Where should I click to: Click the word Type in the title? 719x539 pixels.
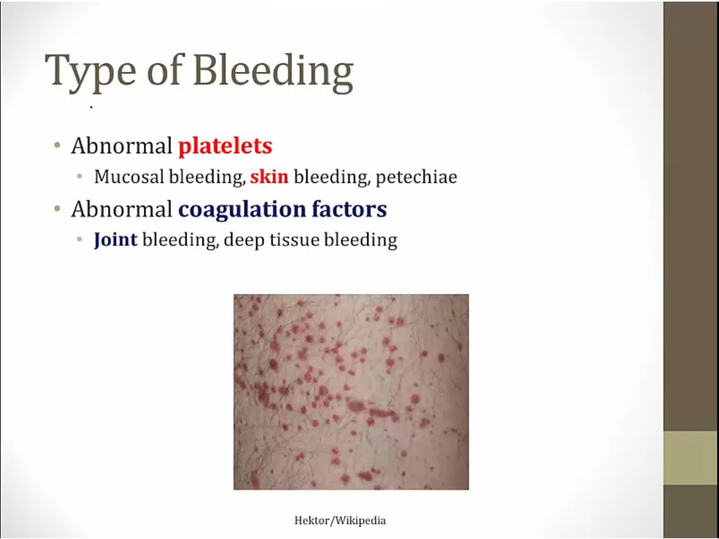click(x=90, y=72)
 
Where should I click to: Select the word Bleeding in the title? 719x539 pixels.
click(x=273, y=71)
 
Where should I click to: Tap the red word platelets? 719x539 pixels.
click(x=225, y=147)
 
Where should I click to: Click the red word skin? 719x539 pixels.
click(x=269, y=176)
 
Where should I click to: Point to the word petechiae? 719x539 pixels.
click(x=416, y=177)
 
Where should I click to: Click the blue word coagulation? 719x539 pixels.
click(x=242, y=210)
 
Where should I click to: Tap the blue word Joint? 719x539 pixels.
click(x=116, y=240)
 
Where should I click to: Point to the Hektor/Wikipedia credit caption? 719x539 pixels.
click(x=340, y=521)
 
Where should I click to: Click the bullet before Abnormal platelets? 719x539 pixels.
click(x=58, y=146)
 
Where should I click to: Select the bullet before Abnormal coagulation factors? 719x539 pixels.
click(x=58, y=209)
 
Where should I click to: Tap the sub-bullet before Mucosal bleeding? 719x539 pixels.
click(x=80, y=176)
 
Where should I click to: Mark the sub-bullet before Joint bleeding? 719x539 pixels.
click(x=80, y=240)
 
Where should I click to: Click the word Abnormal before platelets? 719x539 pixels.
click(x=121, y=146)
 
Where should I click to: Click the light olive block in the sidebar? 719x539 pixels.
click(x=690, y=458)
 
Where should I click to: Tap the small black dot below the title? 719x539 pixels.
click(x=92, y=108)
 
